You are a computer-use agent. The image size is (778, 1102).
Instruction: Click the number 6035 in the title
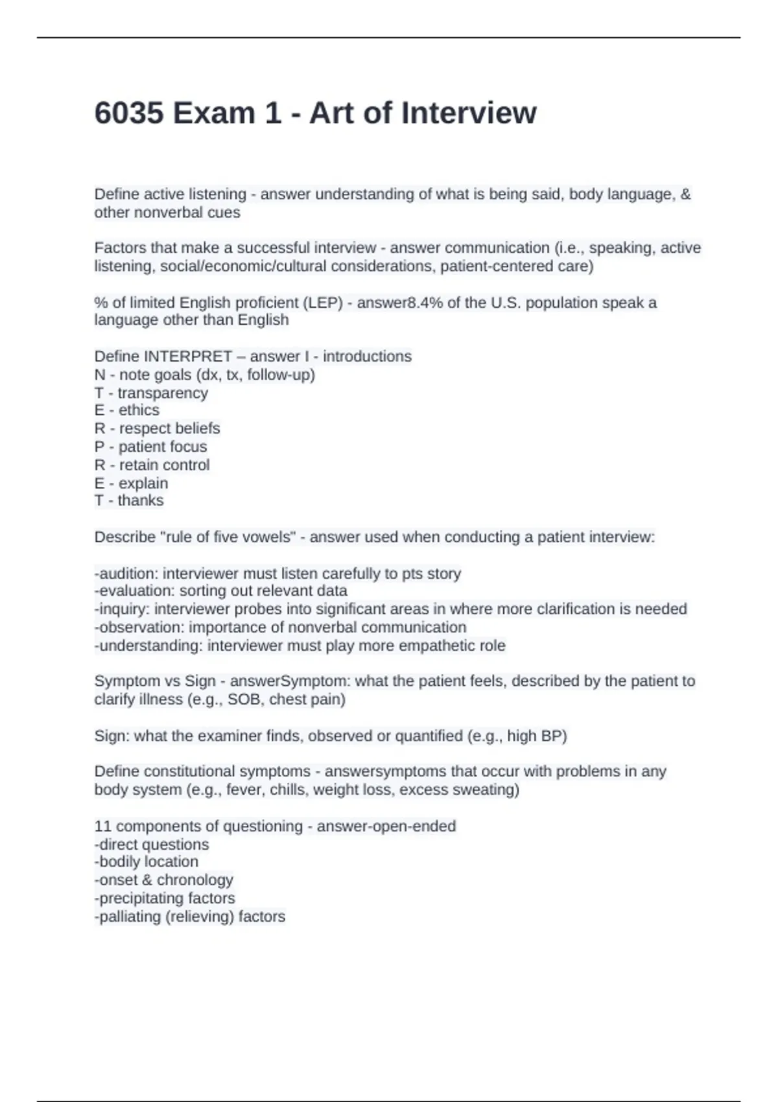tap(129, 113)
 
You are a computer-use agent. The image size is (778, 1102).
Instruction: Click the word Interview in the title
tap(469, 113)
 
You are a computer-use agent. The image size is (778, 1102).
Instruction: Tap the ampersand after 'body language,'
tap(686, 194)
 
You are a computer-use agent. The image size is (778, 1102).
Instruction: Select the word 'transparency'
tap(163, 393)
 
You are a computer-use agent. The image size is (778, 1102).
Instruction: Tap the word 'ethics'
tap(139, 410)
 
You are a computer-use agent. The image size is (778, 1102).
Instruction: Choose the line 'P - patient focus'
tap(150, 447)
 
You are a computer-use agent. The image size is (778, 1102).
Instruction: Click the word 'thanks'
tap(141, 500)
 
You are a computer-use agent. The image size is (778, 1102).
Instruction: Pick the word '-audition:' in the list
tap(126, 574)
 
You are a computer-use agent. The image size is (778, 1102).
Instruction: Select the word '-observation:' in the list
tap(139, 627)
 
